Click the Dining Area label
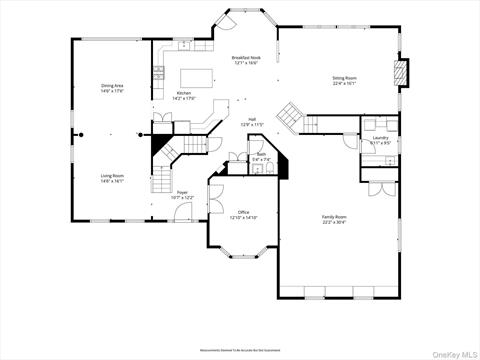coord(112,86)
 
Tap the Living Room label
coord(111,176)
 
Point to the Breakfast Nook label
coord(246,58)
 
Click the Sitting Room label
coord(346,77)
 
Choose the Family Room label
coord(334,217)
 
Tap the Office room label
coord(243,212)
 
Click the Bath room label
coord(260,154)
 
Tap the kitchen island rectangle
coord(198,77)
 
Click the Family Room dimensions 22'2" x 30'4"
coord(334,223)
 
